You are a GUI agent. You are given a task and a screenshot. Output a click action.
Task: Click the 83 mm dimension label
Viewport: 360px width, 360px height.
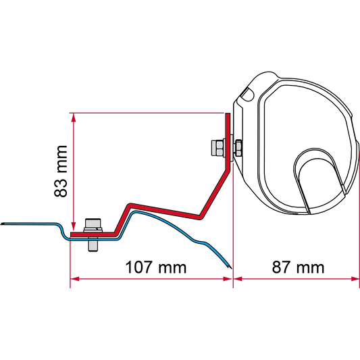[61, 172]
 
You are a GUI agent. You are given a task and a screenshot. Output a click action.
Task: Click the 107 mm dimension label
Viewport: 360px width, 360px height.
[156, 267]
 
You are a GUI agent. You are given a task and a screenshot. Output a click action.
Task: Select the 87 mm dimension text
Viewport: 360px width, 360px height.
[298, 267]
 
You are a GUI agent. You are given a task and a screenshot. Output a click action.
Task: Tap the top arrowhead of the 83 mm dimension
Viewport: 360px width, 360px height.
[73, 118]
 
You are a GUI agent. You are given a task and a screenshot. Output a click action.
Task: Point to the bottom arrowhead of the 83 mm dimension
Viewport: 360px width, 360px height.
[73, 227]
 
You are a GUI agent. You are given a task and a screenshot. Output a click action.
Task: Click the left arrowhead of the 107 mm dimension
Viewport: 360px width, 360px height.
[74, 279]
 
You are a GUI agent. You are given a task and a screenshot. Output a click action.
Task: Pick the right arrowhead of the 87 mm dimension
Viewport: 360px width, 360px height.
[355, 279]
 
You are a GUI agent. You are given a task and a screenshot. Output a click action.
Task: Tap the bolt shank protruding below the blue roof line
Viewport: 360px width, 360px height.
[93, 246]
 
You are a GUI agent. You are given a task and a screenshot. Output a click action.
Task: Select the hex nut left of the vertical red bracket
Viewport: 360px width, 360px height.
[217, 148]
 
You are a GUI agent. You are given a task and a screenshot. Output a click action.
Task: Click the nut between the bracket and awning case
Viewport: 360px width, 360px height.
[238, 149]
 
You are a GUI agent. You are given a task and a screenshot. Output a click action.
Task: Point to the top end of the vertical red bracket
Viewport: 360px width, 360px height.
[228, 114]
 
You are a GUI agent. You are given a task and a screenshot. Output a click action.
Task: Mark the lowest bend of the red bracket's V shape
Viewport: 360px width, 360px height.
[200, 217]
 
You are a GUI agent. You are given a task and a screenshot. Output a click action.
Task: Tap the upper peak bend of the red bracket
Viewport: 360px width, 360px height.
[130, 205]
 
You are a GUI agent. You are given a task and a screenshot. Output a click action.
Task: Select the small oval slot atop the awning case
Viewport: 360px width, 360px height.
[248, 93]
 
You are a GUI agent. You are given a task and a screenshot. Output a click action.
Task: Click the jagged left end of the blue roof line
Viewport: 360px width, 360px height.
[2, 224]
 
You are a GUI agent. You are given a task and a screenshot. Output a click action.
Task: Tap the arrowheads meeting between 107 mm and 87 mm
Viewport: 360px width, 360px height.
[233, 279]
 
